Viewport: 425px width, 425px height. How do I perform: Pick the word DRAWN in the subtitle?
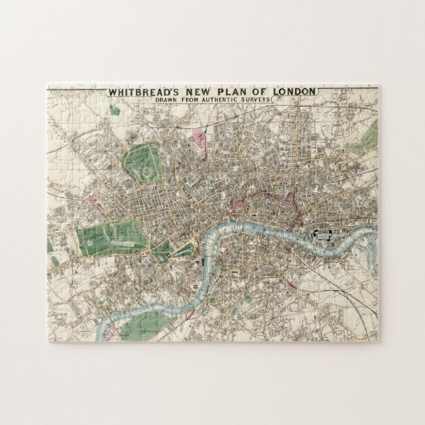[179, 102]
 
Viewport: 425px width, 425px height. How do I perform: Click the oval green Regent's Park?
[144, 164]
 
